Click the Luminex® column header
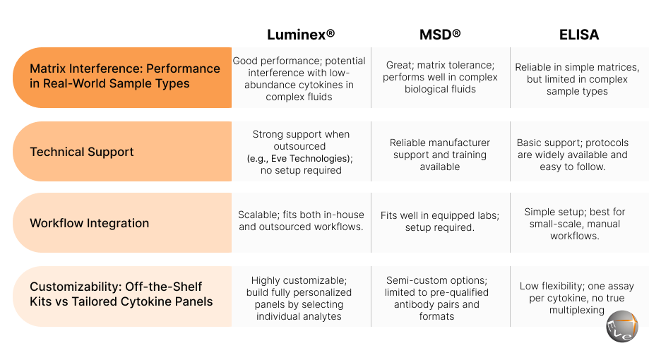(x=301, y=35)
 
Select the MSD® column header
(x=440, y=35)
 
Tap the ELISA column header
(x=579, y=35)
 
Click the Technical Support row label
(x=81, y=152)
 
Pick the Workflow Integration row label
(x=90, y=223)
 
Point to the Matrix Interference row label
(x=124, y=76)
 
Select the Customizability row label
(x=121, y=294)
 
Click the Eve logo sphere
(x=622, y=326)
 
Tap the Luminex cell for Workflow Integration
(x=301, y=220)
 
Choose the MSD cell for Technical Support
(x=439, y=155)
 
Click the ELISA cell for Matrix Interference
(x=577, y=79)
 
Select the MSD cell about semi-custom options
(x=436, y=298)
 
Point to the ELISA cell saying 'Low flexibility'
(x=576, y=298)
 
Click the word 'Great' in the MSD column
(x=399, y=65)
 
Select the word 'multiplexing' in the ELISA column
(x=576, y=310)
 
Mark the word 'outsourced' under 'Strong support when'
(x=299, y=146)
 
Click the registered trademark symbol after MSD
(x=456, y=32)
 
